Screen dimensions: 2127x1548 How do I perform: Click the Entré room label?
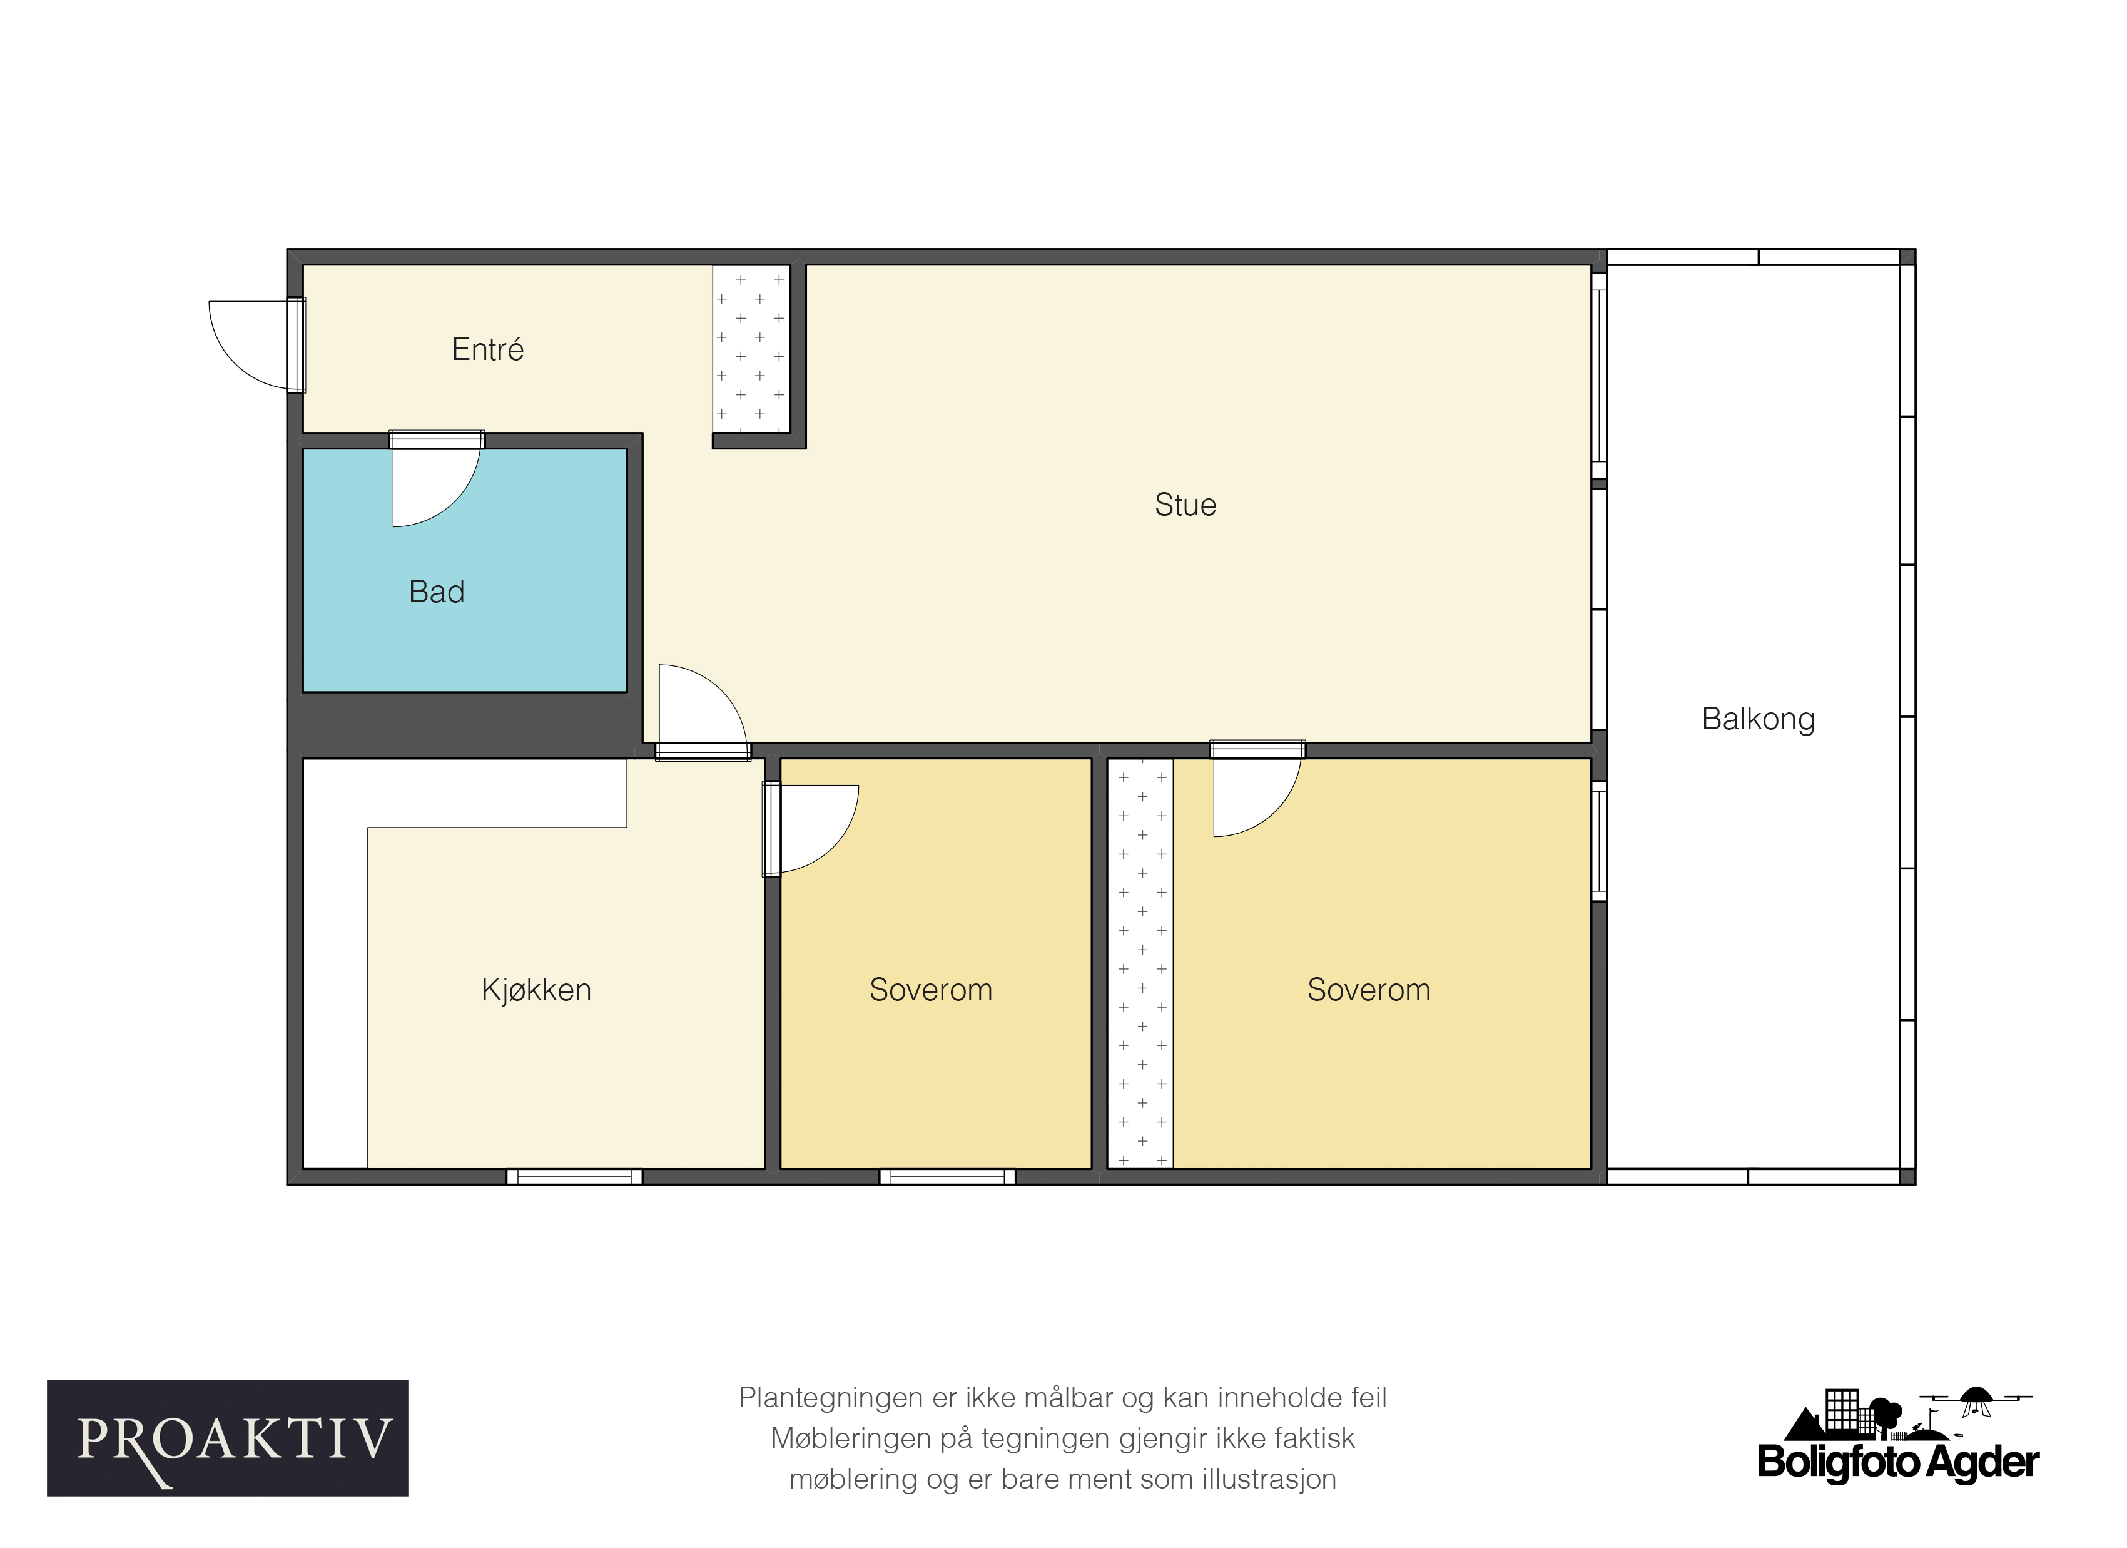coord(488,349)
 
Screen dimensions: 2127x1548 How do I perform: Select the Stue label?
coord(1185,505)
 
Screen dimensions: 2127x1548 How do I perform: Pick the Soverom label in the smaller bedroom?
coord(930,990)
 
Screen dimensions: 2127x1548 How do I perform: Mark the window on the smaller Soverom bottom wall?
coord(947,1176)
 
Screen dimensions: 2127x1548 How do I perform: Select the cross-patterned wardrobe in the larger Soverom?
coord(1140,963)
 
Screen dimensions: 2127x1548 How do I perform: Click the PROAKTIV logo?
coord(228,1438)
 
